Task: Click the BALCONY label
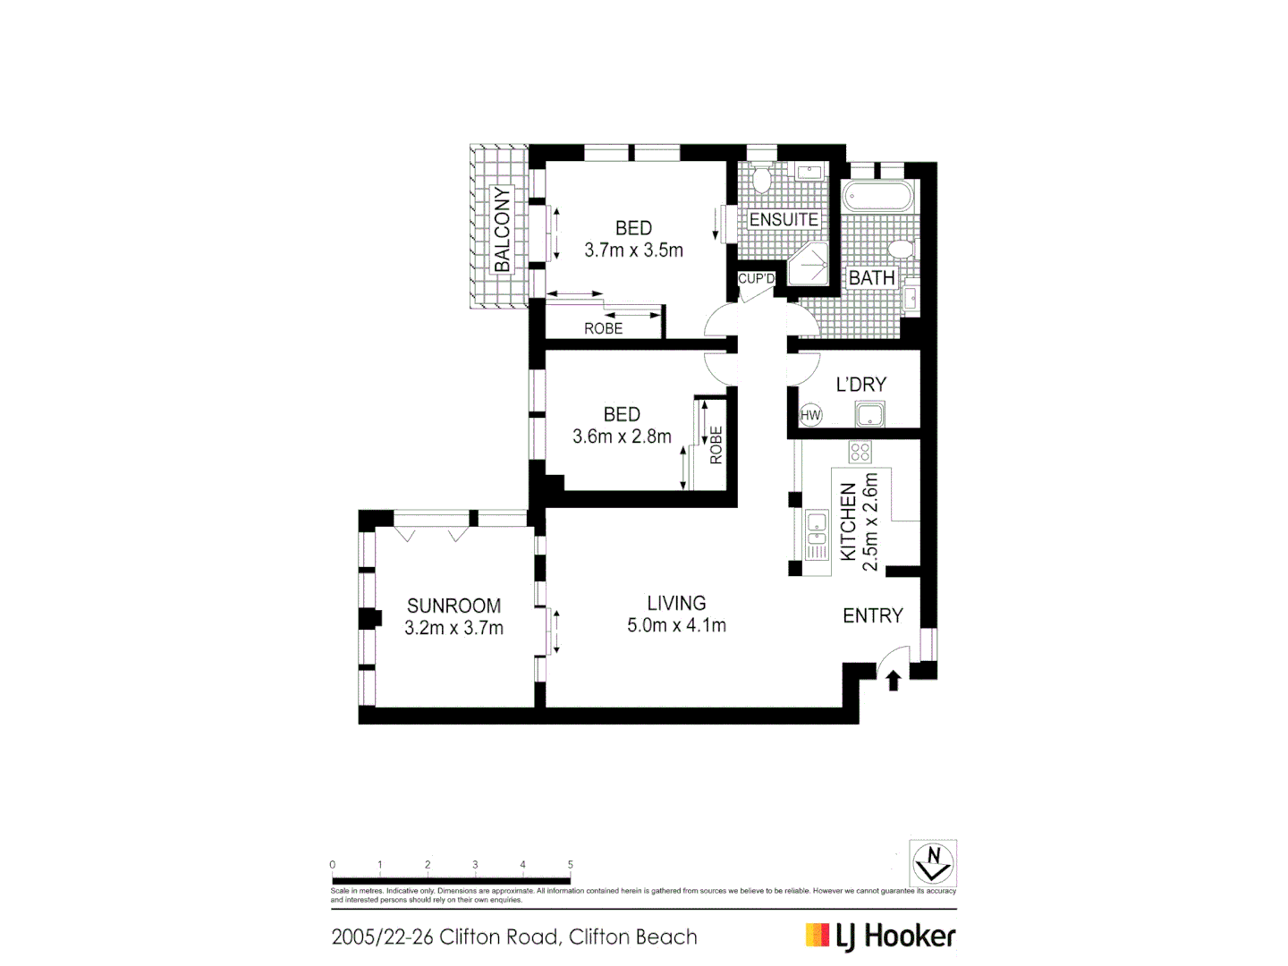pos(502,229)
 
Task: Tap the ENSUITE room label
pos(784,219)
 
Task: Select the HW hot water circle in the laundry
pos(810,415)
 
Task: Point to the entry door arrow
pos(893,681)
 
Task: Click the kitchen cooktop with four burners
pos(860,453)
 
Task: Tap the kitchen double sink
pos(816,534)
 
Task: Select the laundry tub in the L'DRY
pos(869,415)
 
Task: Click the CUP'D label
pos(756,279)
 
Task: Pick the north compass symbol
pos(933,863)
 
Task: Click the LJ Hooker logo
pos(880,936)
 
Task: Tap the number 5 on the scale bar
pos(570,865)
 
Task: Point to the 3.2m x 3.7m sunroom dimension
pos(453,628)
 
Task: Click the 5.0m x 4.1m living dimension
pos(676,625)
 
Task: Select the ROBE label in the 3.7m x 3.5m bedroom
pos(603,328)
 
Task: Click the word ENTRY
pos(873,615)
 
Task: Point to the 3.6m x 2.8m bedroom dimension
pos(622,436)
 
